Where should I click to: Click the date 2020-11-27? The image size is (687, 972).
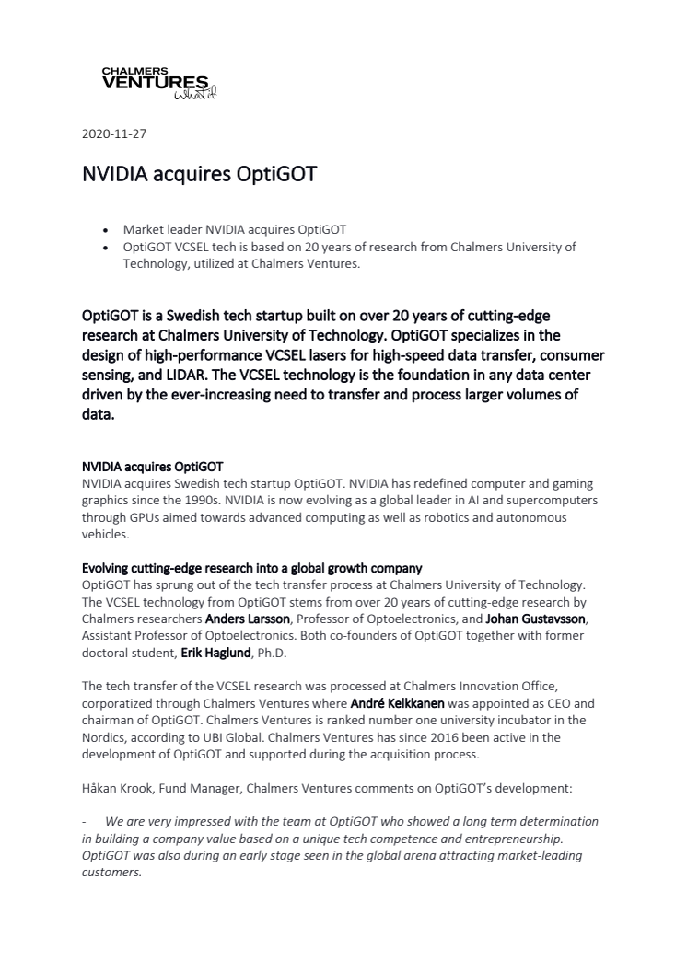pyautogui.click(x=114, y=133)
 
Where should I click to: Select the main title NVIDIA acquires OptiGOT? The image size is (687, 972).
pyautogui.click(x=199, y=174)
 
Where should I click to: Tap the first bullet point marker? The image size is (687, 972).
pyautogui.click(x=107, y=229)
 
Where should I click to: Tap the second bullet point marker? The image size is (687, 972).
pyautogui.click(x=107, y=247)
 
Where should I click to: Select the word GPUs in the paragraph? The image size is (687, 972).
pyautogui.click(x=134, y=517)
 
